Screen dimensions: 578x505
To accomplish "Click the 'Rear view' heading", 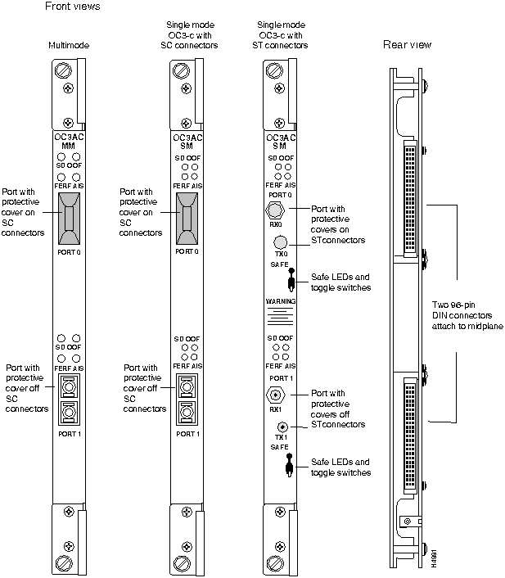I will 407,44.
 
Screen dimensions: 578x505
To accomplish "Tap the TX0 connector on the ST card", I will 281,242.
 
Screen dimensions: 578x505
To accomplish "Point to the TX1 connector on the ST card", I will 283,427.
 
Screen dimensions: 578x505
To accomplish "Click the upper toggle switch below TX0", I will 291,283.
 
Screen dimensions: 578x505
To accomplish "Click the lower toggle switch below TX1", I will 290,469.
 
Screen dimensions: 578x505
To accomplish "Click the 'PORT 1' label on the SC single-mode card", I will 187,433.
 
